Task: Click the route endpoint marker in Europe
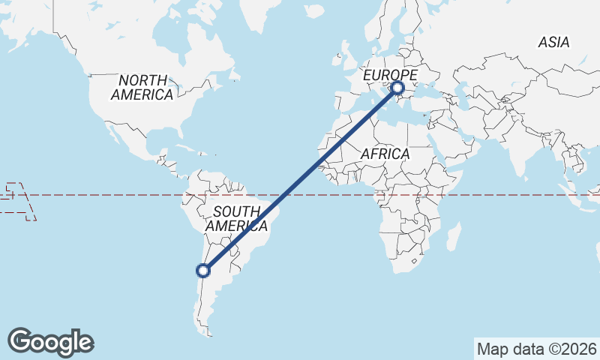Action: (397, 88)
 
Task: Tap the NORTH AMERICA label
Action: (142, 87)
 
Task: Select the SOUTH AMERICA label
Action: (236, 218)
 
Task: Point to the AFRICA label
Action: (385, 154)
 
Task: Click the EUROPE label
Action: (390, 75)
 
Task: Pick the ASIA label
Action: (553, 43)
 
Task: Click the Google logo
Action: (50, 341)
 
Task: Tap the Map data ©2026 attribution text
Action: (537, 349)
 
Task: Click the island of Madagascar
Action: (454, 236)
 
